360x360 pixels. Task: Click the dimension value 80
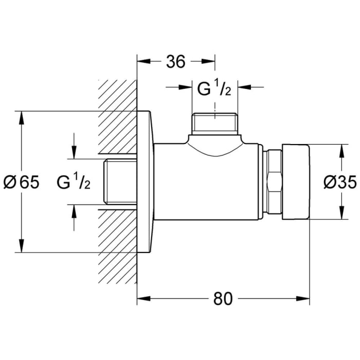pos(222,299)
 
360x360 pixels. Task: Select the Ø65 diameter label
pos(21,182)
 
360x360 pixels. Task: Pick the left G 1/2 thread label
pos(74,182)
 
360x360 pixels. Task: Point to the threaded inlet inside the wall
pos(119,182)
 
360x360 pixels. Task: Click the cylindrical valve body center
pos(208,183)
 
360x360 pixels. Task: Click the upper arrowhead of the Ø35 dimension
pos(340,151)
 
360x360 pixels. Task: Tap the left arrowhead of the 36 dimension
pos(143,61)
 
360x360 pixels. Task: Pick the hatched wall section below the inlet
pos(117,247)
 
